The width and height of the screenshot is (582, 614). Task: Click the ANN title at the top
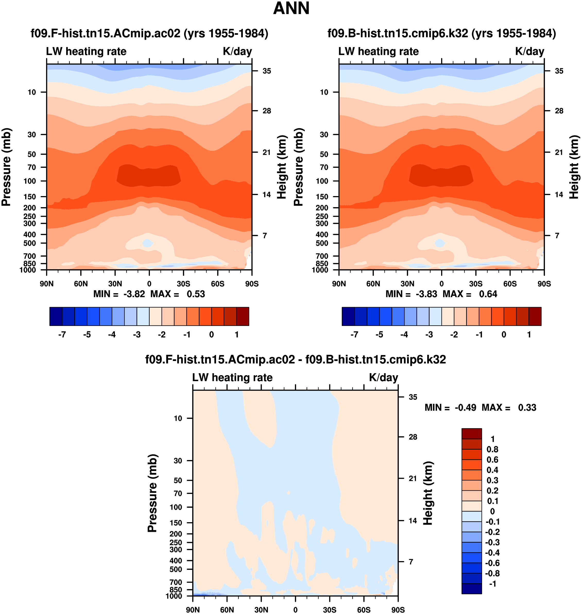click(291, 9)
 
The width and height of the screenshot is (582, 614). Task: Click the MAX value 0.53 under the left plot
click(196, 294)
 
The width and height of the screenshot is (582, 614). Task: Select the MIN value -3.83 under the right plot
click(426, 294)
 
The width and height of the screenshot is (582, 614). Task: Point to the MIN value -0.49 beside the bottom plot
click(465, 407)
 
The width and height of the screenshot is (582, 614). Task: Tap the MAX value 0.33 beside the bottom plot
click(527, 407)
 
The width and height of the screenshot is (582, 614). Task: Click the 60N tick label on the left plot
click(81, 284)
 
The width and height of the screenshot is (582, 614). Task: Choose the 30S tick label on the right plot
click(476, 284)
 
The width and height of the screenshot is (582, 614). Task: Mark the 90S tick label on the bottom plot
click(398, 610)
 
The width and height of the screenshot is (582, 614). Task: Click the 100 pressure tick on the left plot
click(30, 181)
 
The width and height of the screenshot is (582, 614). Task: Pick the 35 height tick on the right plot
click(559, 71)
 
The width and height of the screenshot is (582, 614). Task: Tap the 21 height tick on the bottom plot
click(413, 478)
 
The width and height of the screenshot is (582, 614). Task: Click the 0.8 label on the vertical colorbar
click(492, 449)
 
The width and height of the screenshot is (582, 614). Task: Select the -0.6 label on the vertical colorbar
click(492, 563)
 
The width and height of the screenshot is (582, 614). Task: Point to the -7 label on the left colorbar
click(62, 334)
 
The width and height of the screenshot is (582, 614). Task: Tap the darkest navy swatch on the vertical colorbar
click(472, 588)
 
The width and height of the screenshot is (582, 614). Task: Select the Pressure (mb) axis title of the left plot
click(6, 167)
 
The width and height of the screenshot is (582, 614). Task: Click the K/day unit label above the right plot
click(529, 51)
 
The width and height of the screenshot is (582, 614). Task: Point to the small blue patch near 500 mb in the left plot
click(148, 243)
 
